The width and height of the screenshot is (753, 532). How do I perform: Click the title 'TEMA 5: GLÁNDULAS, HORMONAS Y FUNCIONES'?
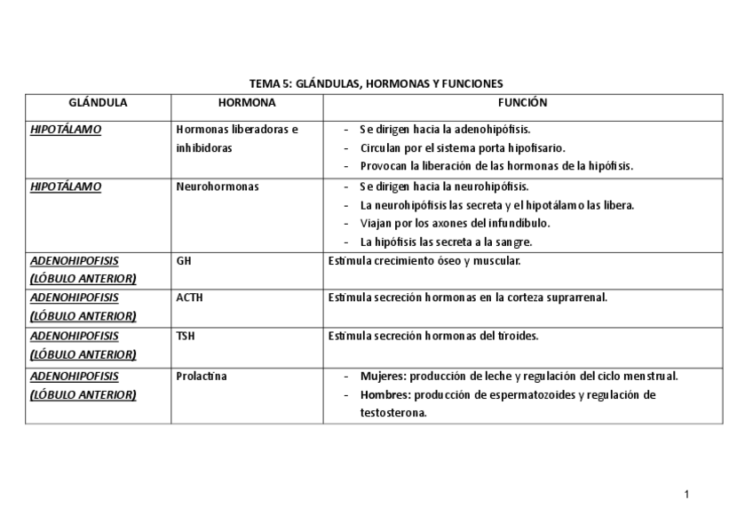point(376,83)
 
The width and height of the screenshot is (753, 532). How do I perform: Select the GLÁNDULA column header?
point(98,103)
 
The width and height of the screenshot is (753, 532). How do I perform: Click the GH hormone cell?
point(184,261)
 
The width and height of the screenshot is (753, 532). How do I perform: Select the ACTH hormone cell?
point(189,298)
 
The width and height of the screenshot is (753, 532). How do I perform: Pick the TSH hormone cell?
point(186,337)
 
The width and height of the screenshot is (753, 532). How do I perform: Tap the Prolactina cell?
point(202,376)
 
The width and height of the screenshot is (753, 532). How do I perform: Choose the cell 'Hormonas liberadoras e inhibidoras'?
point(236,139)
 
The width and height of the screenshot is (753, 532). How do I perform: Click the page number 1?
point(686,494)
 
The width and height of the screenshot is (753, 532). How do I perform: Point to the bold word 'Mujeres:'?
point(382,376)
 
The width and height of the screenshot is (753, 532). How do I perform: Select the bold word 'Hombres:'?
point(384,395)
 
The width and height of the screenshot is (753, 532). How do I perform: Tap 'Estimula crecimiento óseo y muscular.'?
point(424,261)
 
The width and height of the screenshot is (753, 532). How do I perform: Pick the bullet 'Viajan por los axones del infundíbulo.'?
point(455,223)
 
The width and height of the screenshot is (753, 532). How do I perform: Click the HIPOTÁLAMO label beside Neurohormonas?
point(66,187)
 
